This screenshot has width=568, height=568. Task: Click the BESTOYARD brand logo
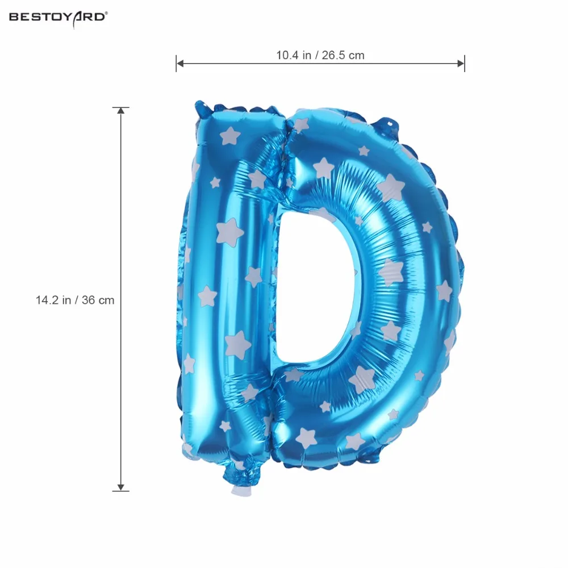pyautogui.click(x=59, y=18)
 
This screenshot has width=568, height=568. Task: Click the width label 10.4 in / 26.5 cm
pyautogui.click(x=320, y=56)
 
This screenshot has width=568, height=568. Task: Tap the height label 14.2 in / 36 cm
pyautogui.click(x=75, y=300)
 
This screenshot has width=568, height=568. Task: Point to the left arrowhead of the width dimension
pyautogui.click(x=179, y=64)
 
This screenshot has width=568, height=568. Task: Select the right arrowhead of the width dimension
pyautogui.click(x=461, y=64)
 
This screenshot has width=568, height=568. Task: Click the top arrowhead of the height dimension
pyautogui.click(x=120, y=111)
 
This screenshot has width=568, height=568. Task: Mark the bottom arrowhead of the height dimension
pyautogui.click(x=120, y=487)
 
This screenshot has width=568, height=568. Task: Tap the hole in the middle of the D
pyautogui.click(x=315, y=286)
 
